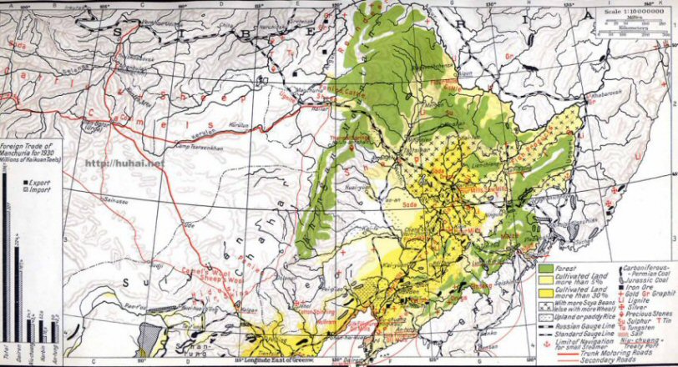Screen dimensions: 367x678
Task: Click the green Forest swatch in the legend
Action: click(547, 269)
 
